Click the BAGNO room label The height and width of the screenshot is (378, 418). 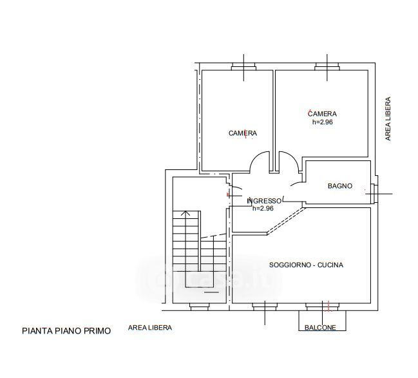(x=340, y=186)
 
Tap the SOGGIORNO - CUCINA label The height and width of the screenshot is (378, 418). (x=306, y=265)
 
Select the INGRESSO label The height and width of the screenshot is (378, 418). (x=264, y=201)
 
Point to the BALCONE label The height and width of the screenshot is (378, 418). (x=320, y=327)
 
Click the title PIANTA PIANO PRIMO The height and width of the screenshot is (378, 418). (x=66, y=331)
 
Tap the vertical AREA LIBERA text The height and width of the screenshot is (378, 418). (x=388, y=118)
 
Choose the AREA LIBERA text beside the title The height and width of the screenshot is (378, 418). (x=150, y=327)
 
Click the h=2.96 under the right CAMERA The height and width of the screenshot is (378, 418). (x=323, y=122)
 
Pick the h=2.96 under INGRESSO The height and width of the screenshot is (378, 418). (x=263, y=209)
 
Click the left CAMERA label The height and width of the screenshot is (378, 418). (x=243, y=133)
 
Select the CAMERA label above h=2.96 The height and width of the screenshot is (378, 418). (x=322, y=114)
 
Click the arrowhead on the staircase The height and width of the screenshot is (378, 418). (x=185, y=213)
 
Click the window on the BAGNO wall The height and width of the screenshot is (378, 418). (x=375, y=194)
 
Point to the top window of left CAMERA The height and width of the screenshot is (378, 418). (x=243, y=66)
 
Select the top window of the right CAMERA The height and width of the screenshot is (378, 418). (x=327, y=66)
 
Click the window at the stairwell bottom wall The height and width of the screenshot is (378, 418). (x=199, y=307)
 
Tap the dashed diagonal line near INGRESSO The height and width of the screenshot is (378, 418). (x=286, y=220)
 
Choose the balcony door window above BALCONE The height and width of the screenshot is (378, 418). (x=322, y=307)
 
